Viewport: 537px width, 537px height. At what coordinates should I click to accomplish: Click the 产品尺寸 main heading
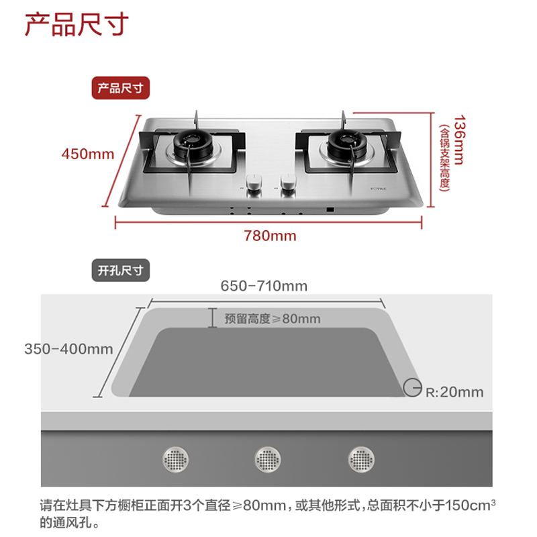coord(75,26)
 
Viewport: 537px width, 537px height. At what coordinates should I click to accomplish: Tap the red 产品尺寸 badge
coord(121,89)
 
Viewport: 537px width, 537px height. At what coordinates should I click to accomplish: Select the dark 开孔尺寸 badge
coord(121,271)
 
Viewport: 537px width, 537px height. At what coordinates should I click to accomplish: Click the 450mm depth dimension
coord(88,154)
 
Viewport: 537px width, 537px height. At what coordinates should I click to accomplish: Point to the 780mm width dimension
coord(270,236)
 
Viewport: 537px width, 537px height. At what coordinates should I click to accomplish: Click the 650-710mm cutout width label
coord(264,286)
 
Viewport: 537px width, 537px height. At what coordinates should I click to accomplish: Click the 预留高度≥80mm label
coord(273,319)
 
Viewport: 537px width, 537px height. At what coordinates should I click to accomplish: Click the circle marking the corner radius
coord(411,386)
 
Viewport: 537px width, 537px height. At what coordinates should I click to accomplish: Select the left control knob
coord(254,183)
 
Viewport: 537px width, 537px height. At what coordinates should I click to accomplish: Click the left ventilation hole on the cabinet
coord(177,459)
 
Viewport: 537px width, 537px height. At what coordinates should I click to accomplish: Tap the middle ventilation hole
coord(268,459)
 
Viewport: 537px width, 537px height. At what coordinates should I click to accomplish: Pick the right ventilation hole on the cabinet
coord(362,459)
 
